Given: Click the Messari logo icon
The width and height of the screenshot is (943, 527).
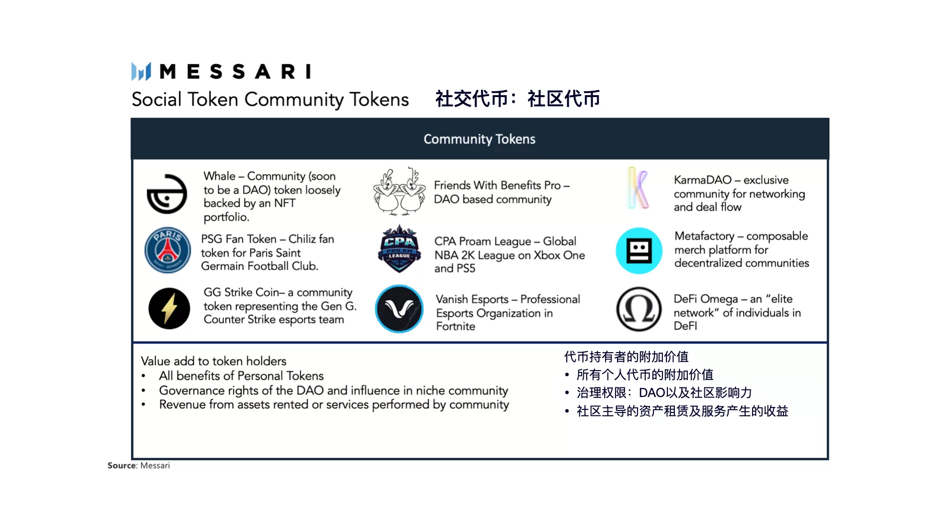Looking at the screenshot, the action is click(x=141, y=71).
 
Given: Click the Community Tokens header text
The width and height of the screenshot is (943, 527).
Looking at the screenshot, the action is click(x=479, y=139).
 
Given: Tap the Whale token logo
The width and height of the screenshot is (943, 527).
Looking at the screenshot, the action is click(x=167, y=194).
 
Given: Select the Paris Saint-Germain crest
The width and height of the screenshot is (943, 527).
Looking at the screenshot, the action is click(x=167, y=250).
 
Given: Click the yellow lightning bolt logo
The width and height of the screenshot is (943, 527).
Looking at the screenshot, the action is click(x=169, y=308).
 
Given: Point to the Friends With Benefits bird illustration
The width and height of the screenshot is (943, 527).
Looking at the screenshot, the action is click(x=399, y=191).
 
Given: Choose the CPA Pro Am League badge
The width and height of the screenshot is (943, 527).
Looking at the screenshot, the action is click(x=399, y=249).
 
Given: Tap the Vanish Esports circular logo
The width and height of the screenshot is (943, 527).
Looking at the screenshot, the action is click(x=399, y=309).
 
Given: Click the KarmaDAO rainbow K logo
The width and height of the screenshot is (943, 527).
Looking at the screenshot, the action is click(x=638, y=188).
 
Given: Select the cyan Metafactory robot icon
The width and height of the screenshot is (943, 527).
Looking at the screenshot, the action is click(x=639, y=251).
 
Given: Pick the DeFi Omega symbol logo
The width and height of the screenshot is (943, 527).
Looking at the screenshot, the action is click(x=639, y=309).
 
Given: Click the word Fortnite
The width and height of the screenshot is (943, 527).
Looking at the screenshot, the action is click(x=456, y=326).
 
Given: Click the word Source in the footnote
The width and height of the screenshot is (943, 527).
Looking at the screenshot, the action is click(x=122, y=465).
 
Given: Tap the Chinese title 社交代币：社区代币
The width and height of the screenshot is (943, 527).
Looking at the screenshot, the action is click(x=518, y=99).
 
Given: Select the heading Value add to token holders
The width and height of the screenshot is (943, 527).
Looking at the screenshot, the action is click(x=214, y=361).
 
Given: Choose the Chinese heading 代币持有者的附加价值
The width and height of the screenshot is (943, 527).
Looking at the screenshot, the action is click(x=627, y=357).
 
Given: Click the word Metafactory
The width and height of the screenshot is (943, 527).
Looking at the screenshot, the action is click(x=704, y=236).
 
